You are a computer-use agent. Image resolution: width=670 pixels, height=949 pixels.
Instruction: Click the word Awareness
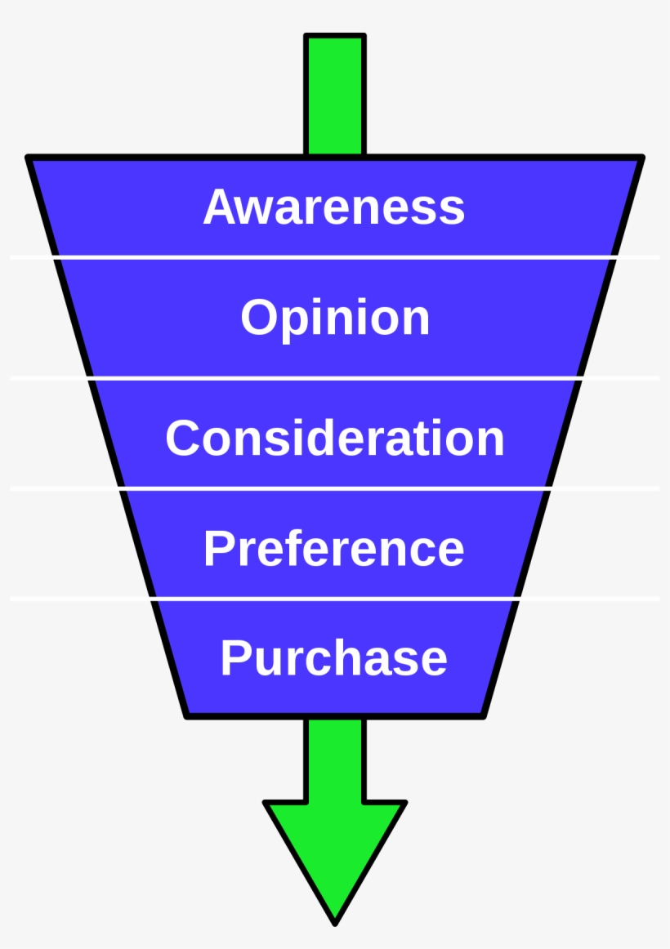(334, 207)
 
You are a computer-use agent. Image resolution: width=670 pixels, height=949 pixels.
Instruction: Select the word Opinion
(335, 318)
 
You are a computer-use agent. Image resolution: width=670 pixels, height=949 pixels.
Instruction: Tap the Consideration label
(335, 438)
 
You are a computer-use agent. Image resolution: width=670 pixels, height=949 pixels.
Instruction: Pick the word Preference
(334, 548)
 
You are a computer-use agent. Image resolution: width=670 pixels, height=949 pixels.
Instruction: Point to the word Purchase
(334, 658)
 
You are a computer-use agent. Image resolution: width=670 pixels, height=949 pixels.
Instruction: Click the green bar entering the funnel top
(335, 94)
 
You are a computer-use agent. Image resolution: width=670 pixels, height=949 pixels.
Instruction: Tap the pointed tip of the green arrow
(335, 921)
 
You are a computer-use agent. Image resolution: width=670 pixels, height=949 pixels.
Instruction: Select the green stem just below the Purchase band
(335, 755)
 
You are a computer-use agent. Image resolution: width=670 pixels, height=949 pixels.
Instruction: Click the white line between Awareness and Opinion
(335, 258)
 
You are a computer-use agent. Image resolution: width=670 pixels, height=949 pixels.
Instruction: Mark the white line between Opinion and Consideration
(335, 378)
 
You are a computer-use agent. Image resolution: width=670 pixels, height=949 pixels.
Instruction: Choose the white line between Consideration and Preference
(335, 488)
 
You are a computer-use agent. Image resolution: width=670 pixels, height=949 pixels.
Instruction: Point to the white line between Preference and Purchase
(335, 599)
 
